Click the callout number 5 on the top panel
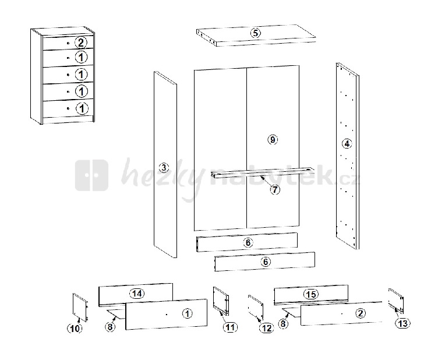[255, 33]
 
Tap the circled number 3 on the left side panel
[164, 168]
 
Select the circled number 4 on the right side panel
[347, 144]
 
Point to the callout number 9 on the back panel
[273, 139]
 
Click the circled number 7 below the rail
[275, 190]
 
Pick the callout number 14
[137, 294]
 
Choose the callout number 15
[311, 294]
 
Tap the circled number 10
[75, 329]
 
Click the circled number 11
[230, 327]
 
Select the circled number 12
[267, 328]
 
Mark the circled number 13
[402, 323]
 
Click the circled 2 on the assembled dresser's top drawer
[81, 43]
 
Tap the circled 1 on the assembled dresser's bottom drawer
[82, 108]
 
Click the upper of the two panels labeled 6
[247, 242]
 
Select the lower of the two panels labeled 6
[265, 262]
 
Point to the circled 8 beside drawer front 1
[110, 326]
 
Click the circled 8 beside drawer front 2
[283, 323]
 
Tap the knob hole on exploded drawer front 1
[167, 315]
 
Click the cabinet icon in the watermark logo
[91, 175]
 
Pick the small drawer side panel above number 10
[80, 308]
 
